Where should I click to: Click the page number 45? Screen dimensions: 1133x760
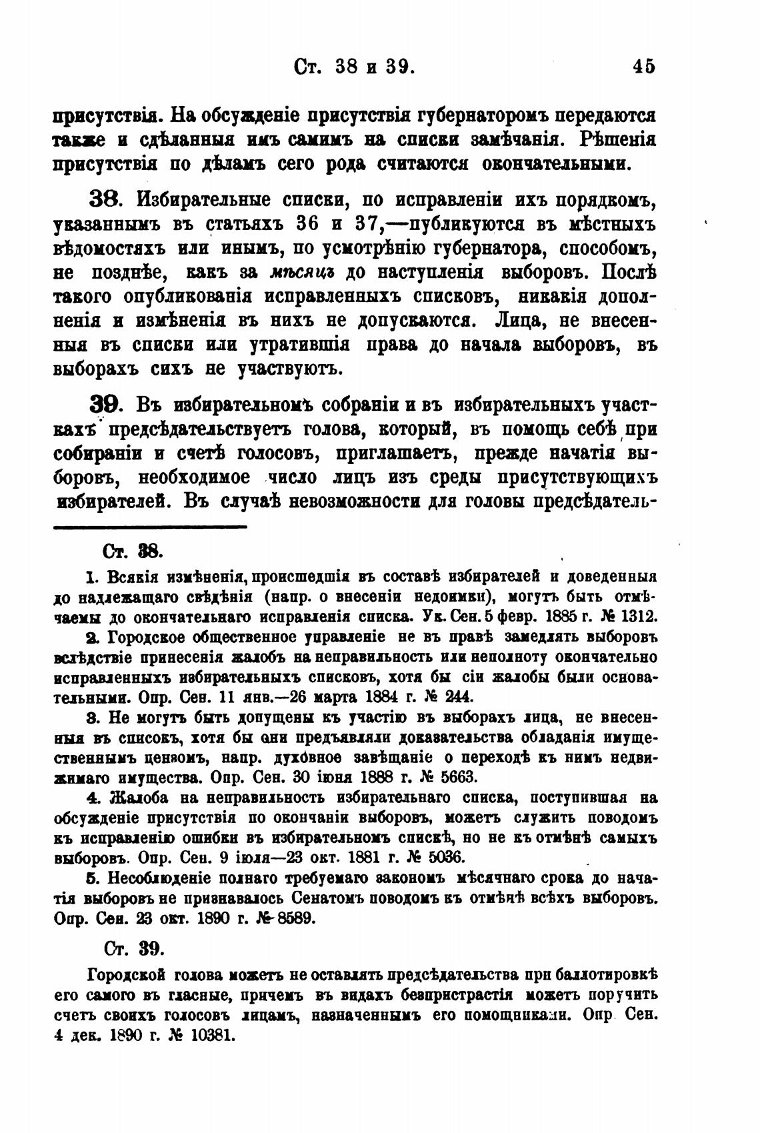pos(645,67)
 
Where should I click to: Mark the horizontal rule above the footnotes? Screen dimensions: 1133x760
pos(150,526)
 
